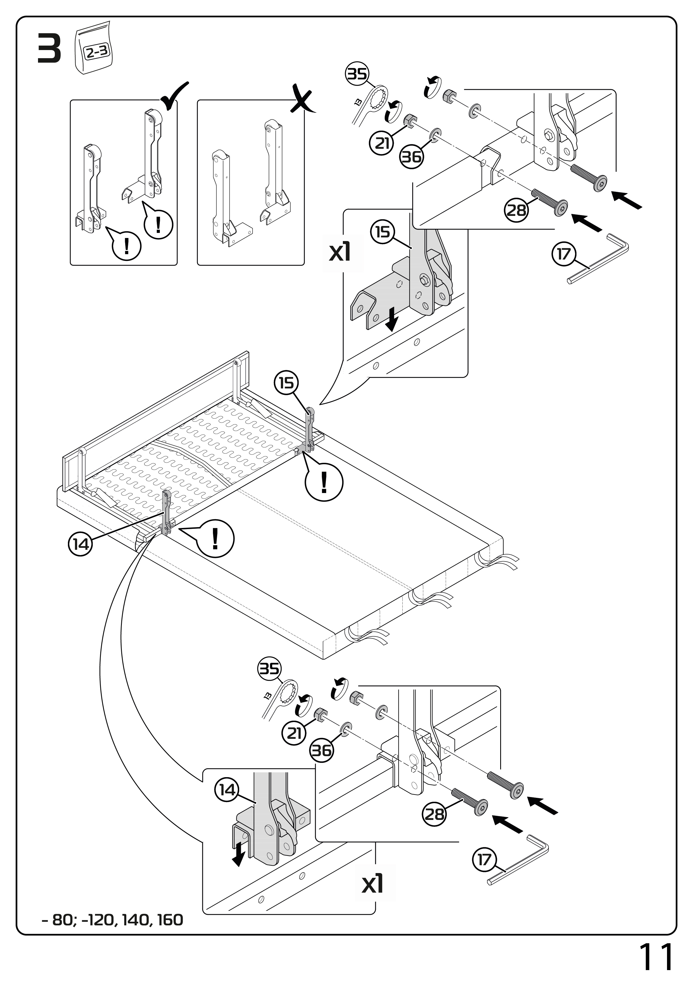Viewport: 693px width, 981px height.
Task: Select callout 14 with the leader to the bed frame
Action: (81, 544)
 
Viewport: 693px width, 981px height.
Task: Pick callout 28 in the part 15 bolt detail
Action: (516, 210)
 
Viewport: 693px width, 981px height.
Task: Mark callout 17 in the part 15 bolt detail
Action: (564, 254)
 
